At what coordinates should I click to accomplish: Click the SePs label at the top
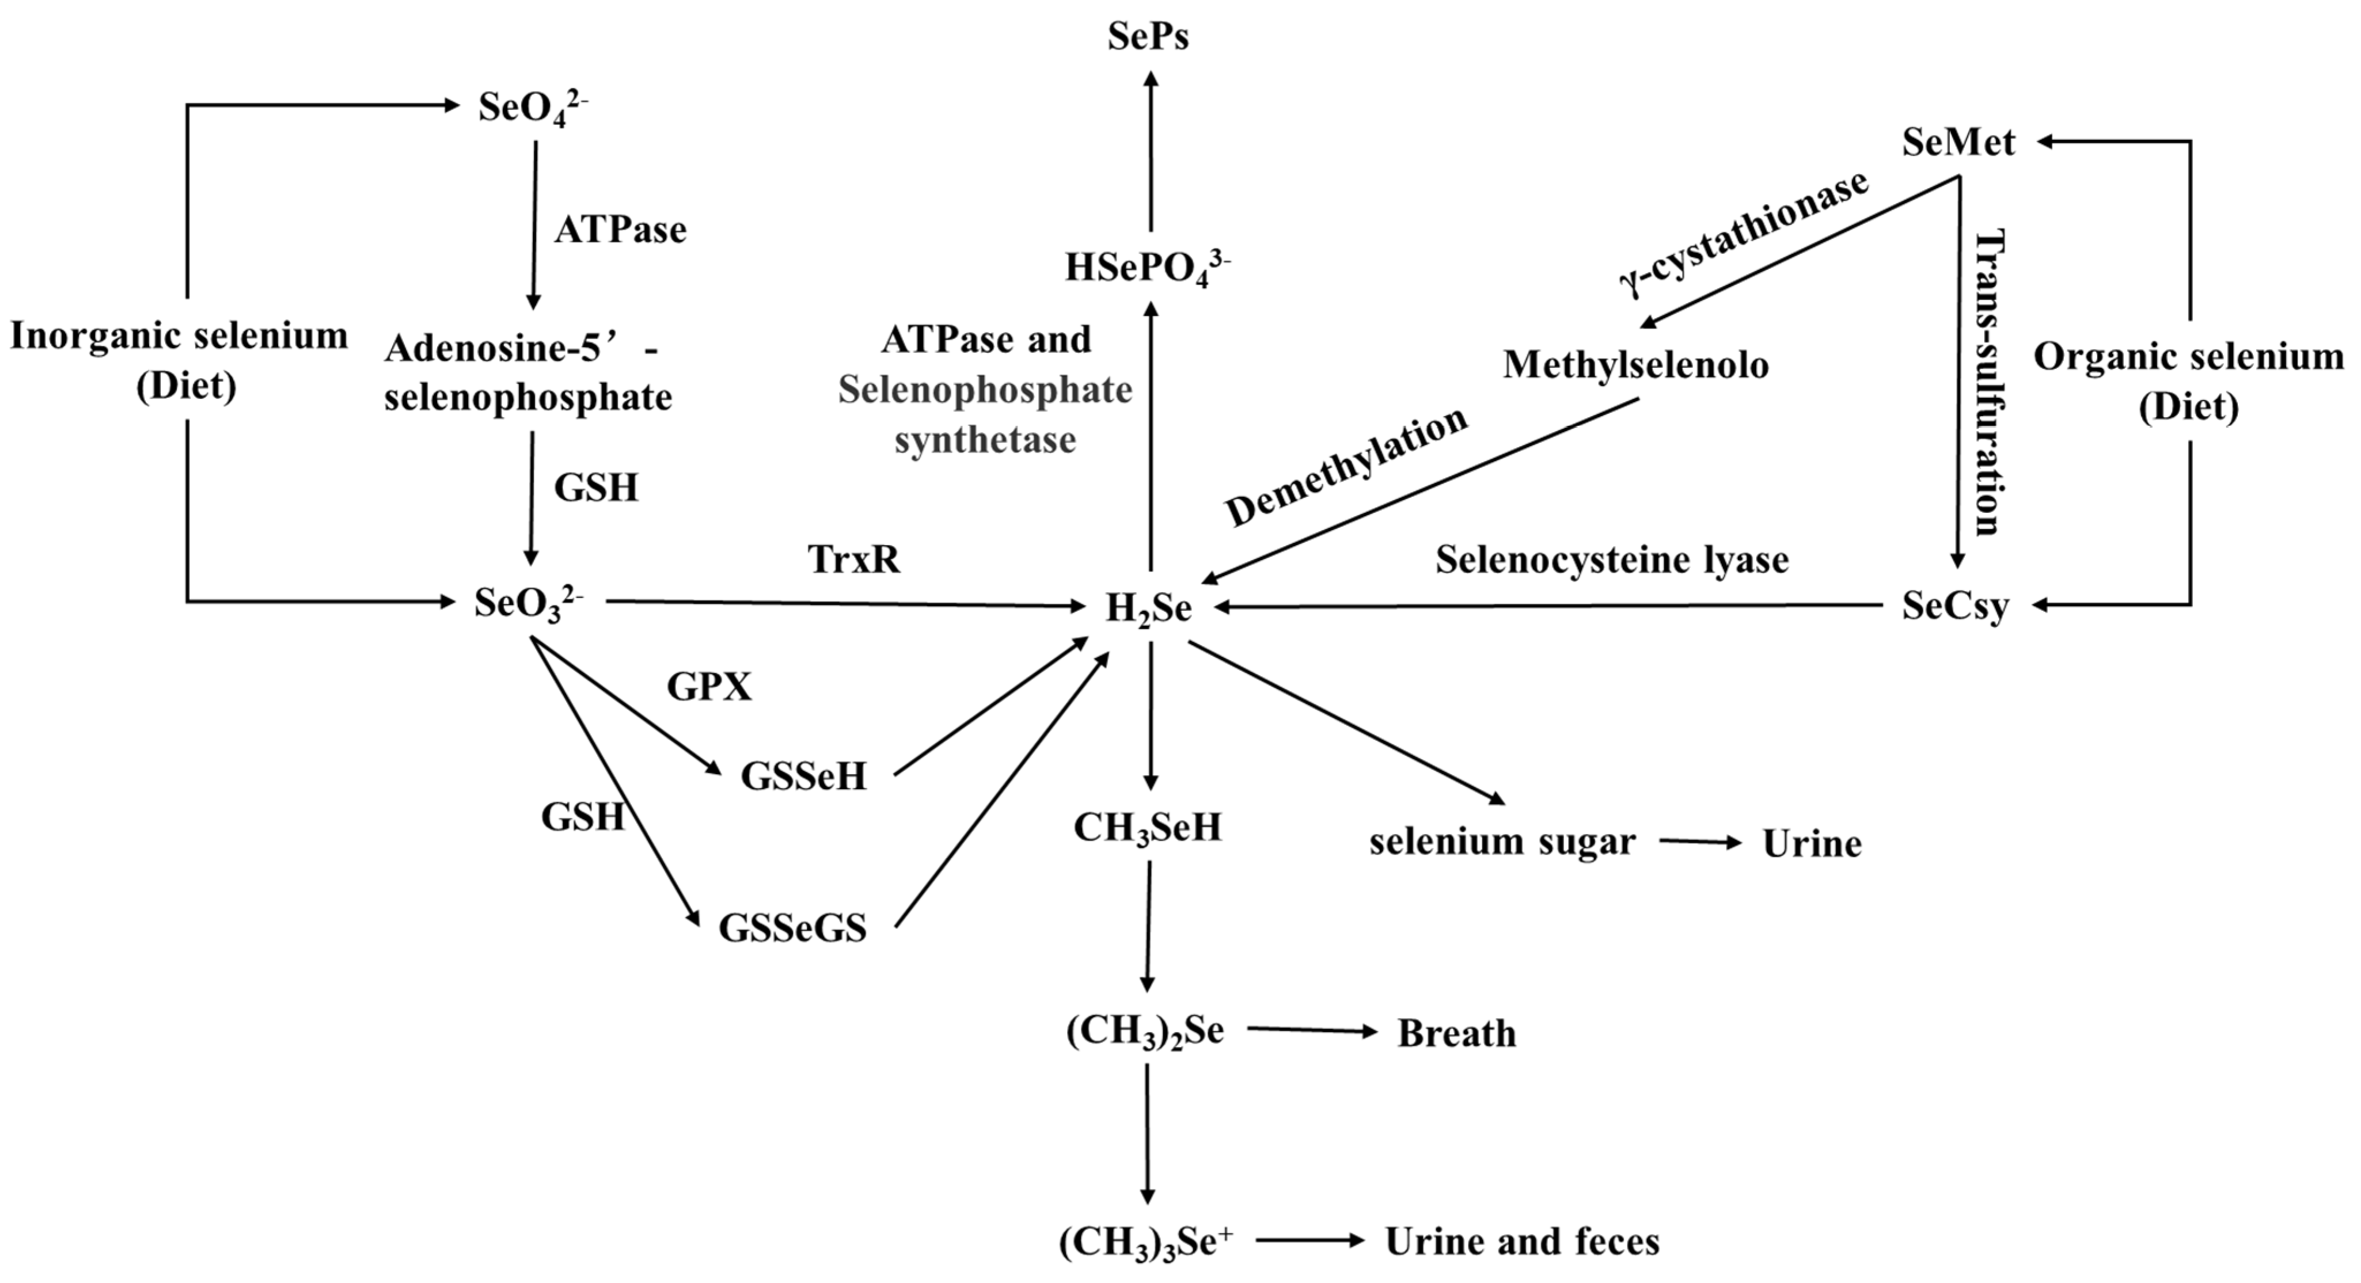[x=1148, y=37]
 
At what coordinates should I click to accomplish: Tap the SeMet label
[x=1958, y=143]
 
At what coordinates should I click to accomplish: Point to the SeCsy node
[x=1955, y=606]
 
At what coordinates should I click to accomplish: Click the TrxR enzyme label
[x=854, y=559]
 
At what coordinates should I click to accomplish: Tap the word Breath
[x=1456, y=1034]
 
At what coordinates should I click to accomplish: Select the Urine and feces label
[x=1521, y=1242]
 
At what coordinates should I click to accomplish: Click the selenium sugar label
[x=1502, y=842]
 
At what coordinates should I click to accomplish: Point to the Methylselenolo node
[x=1635, y=366]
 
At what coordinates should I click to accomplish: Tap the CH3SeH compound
[x=1148, y=828]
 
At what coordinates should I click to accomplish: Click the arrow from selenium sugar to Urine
[x=1700, y=842]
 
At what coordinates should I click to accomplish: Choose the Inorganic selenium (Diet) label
[x=180, y=360]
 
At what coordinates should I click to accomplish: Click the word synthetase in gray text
[x=985, y=440]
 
